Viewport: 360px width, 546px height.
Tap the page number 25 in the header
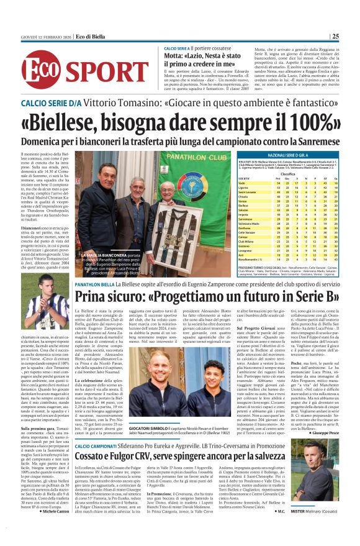click(x=352, y=36)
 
